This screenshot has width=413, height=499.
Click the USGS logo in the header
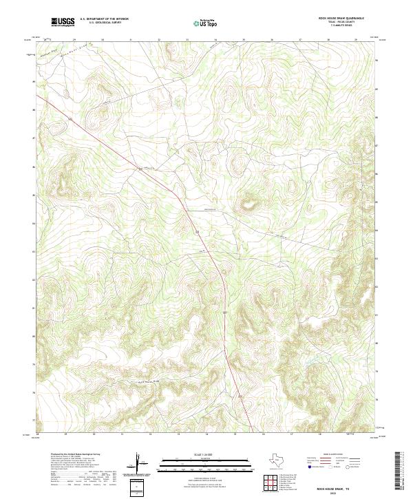[x=63, y=22]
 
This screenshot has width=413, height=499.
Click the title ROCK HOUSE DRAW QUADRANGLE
[x=337, y=19]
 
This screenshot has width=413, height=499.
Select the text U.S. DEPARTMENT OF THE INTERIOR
[x=104, y=19]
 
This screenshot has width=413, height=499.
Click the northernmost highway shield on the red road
[x=140, y=168]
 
